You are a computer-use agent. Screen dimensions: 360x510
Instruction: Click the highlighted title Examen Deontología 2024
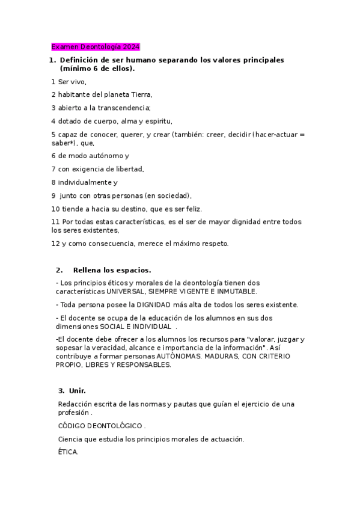[x=95, y=46]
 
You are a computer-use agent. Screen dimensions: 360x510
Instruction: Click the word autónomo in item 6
[x=106, y=156]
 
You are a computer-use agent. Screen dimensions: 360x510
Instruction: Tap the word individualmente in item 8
[x=84, y=182]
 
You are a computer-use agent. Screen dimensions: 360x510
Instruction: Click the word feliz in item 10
[x=192, y=209]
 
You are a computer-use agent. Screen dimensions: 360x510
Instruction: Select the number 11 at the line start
[x=55, y=222]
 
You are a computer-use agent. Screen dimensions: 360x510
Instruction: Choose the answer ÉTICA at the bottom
[x=68, y=452]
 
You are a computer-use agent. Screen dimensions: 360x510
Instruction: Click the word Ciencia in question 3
[x=70, y=439]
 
